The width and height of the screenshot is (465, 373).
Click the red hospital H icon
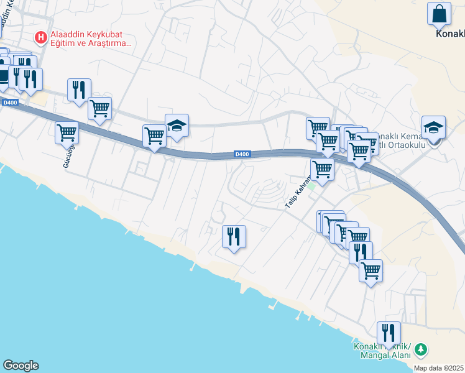(x=41, y=38)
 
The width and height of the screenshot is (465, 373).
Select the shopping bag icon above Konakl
(x=439, y=13)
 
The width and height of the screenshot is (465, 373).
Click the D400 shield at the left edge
(x=9, y=103)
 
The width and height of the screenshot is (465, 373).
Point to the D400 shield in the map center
(x=242, y=154)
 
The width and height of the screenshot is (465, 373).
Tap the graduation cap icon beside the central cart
(x=177, y=126)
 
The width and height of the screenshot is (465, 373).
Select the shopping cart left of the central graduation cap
(x=154, y=136)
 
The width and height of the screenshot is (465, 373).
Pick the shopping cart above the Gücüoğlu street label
(x=67, y=132)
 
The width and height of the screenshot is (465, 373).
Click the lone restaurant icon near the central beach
(x=234, y=237)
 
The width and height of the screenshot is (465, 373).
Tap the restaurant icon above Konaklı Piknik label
(x=389, y=333)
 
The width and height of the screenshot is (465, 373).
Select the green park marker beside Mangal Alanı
(x=421, y=350)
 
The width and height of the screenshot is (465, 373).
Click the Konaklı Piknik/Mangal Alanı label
(x=382, y=351)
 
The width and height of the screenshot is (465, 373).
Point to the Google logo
(x=21, y=366)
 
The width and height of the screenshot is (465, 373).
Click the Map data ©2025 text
(x=439, y=368)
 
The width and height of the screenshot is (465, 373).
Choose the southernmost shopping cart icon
(x=371, y=271)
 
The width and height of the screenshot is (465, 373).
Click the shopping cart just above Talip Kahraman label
(x=322, y=168)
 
